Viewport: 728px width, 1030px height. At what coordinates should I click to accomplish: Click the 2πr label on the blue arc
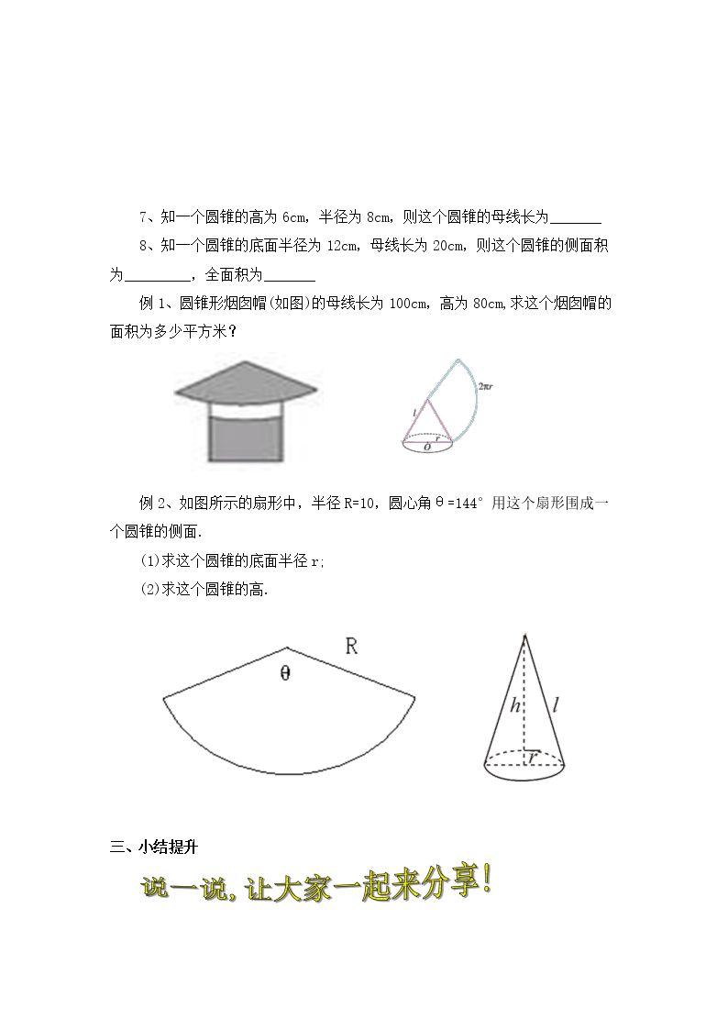point(486,386)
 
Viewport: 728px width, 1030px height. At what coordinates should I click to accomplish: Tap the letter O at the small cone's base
point(427,447)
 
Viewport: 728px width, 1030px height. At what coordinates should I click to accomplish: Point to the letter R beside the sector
point(351,647)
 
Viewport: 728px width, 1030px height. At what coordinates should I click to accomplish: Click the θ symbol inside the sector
point(285,672)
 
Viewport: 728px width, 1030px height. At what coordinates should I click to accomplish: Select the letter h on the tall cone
point(515,706)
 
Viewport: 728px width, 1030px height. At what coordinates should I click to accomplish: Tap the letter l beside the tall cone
point(556,706)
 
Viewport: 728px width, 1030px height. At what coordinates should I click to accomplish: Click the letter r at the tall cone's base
point(533,758)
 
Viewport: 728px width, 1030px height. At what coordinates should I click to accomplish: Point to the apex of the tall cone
point(524,635)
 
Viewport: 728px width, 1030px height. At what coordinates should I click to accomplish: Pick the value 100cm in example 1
point(408,304)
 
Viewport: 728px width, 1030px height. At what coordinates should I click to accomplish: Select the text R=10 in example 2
point(359,504)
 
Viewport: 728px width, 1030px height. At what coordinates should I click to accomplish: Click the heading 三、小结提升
point(154,847)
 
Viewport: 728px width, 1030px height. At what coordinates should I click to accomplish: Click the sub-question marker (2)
point(150,590)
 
